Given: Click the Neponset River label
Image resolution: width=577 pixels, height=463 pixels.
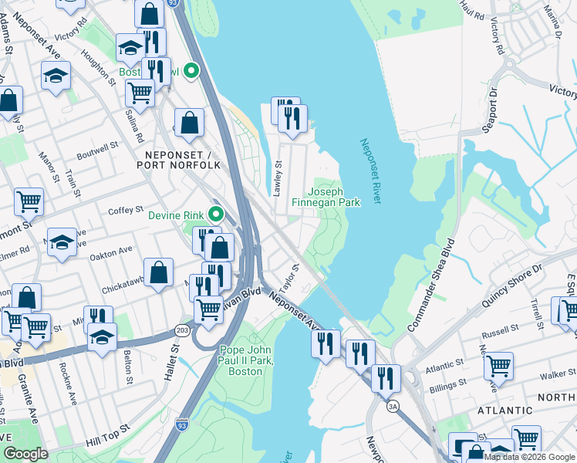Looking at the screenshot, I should pos(371,171).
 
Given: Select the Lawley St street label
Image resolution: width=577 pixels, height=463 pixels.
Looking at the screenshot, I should pos(278,177).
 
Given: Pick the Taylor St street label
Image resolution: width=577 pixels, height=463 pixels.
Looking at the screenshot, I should pos(289,278).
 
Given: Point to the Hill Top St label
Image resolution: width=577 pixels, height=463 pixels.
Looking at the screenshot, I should pos(105,441).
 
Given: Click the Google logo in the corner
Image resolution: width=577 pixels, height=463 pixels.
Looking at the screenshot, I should pos(25,454).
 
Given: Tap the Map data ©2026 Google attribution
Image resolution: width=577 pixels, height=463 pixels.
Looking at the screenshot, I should pos(530,457).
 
